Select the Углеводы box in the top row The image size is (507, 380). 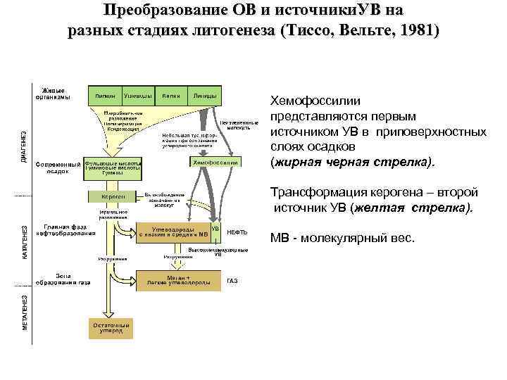pyautogui.click(x=134, y=95)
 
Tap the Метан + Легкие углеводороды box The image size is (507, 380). pyautogui.click(x=179, y=280)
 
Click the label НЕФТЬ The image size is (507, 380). pyautogui.click(x=237, y=233)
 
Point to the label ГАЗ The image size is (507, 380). pyautogui.click(x=232, y=281)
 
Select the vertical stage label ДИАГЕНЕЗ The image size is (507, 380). pyautogui.click(x=25, y=148)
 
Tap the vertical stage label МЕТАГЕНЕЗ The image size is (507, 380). pyautogui.click(x=25, y=312)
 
